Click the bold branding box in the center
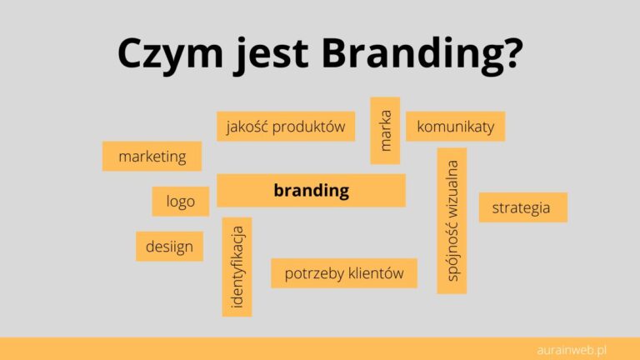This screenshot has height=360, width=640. (311, 190)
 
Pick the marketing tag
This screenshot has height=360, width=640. (152, 156)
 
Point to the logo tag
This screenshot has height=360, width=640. (180, 201)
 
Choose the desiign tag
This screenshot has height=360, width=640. (169, 246)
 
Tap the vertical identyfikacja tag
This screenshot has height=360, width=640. (237, 267)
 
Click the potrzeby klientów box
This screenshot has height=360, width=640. (343, 272)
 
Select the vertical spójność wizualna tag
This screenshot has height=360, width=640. (452, 220)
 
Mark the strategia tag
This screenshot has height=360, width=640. (522, 207)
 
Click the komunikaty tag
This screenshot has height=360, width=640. (455, 127)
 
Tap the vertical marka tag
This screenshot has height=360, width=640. (385, 131)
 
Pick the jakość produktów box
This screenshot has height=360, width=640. (286, 127)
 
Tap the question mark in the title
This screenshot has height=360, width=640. (512, 54)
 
